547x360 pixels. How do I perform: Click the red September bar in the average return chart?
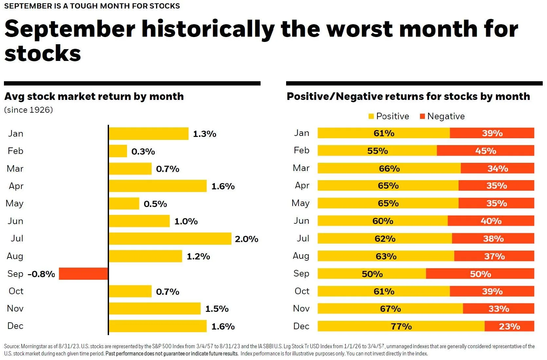pos(83,274)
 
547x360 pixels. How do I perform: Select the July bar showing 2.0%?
pos(170,238)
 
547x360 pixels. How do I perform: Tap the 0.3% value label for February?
pos(143,151)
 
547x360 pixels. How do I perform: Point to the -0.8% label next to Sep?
pos(41,274)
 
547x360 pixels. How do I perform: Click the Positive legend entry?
pos(389,116)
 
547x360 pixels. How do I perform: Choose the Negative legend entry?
pos(442,116)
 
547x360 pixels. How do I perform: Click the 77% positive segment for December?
pos(401,326)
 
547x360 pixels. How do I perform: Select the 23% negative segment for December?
pos(509,326)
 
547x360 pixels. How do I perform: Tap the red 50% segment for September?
pos(480,274)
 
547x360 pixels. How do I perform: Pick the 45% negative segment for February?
pos(485,151)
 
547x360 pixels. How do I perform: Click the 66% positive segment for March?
pos(389,168)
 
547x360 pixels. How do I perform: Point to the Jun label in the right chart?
pos(301,221)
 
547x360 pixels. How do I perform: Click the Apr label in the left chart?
pos(16,186)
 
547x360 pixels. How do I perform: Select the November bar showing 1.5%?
pos(155,309)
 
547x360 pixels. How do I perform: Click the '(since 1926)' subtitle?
pos(28,110)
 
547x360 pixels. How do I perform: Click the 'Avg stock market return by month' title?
pos(94,96)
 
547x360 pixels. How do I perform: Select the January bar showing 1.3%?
pos(149,134)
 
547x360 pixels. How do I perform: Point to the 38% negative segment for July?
pos(493,238)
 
